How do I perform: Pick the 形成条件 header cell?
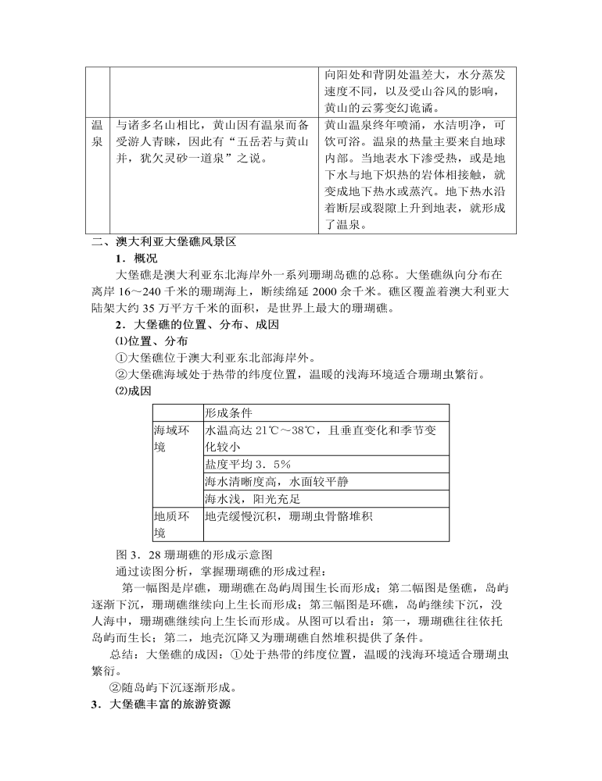[228, 413]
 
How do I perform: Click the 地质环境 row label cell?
[170, 524]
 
